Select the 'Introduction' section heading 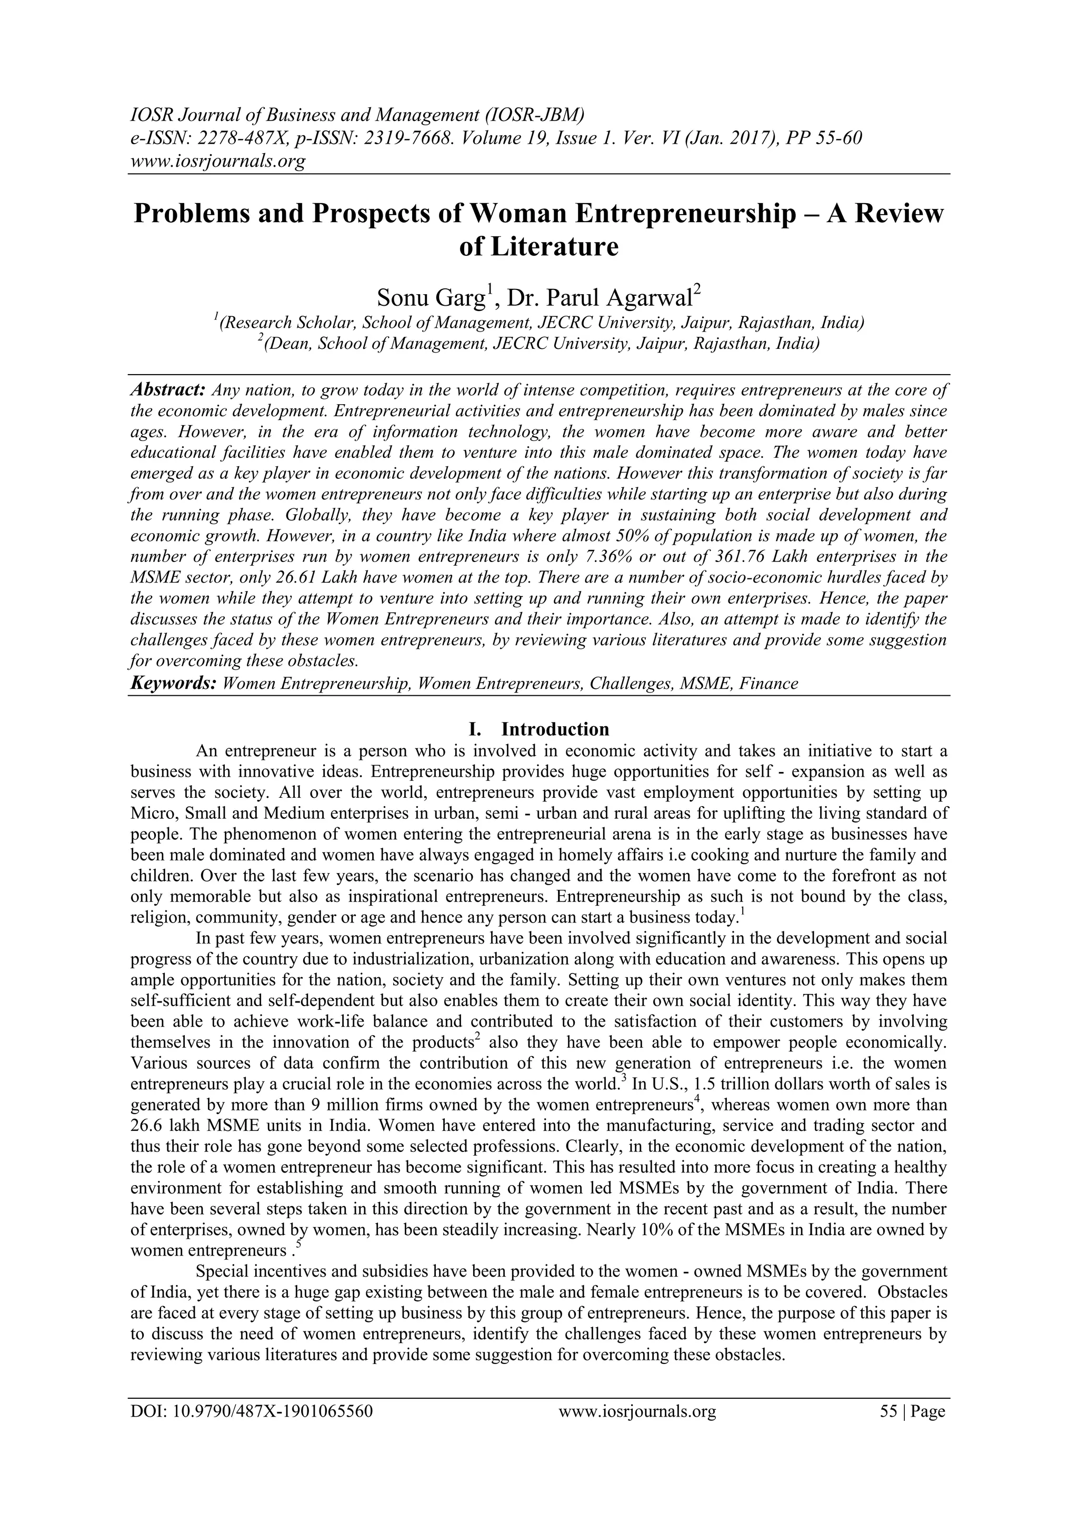pos(555,729)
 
